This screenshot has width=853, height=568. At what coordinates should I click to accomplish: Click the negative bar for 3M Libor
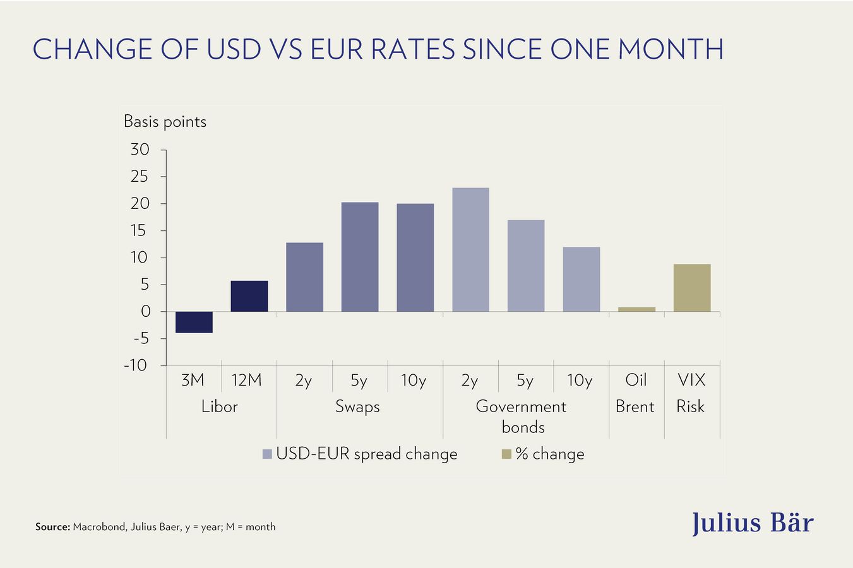pos(194,322)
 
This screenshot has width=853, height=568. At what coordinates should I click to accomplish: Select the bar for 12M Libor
pos(249,296)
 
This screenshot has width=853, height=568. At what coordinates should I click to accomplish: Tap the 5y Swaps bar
pos(360,257)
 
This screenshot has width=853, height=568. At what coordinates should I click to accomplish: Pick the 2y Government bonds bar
pos(470,250)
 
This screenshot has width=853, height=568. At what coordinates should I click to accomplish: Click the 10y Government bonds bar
pos(582,279)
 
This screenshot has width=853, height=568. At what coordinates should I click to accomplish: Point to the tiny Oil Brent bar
pos(636,309)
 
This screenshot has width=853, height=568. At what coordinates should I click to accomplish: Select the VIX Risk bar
pos(692,288)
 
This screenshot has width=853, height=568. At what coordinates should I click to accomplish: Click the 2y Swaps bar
pos(304,277)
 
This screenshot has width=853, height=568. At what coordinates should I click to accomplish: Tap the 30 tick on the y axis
pos(140,150)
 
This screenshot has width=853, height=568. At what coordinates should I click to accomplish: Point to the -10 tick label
pos(136,365)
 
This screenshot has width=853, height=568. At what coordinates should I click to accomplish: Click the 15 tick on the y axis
pos(140,231)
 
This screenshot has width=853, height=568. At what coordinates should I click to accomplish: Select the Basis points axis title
pos(165,121)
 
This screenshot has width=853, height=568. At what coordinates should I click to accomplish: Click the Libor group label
pos(219,406)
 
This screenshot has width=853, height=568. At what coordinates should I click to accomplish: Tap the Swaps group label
pos(357,406)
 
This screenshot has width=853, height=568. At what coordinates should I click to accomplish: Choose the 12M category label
pos(246,380)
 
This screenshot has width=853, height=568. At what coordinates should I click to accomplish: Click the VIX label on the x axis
pos(691,380)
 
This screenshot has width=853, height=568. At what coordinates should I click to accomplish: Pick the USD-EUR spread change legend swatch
pos(267,454)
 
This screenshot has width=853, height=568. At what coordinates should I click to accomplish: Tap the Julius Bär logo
pos(753,523)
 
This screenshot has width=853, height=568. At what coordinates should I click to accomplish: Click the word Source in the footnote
pos(52,527)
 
